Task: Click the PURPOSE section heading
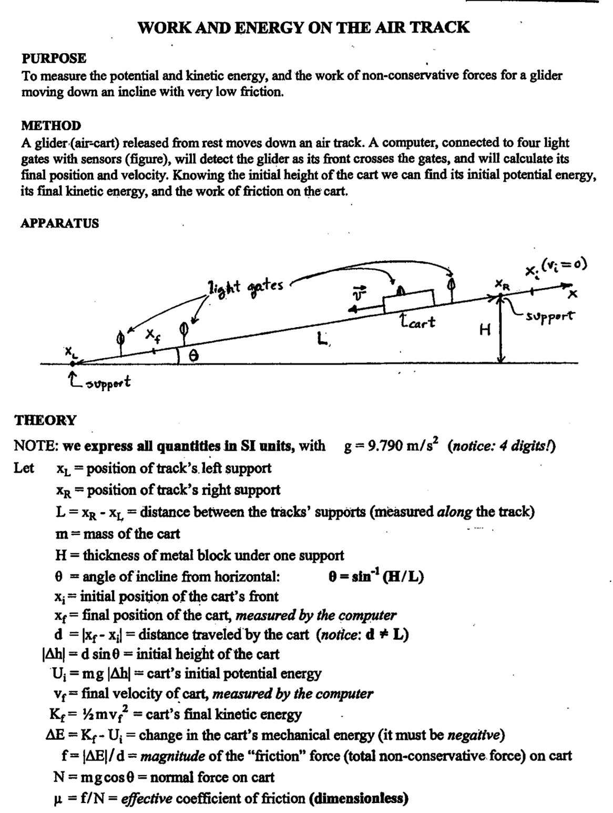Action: (54, 58)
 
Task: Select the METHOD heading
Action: (51, 126)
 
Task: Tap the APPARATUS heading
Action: (59, 223)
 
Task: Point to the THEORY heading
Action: (46, 420)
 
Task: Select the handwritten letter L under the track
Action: (322, 340)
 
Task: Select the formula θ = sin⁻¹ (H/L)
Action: (376, 577)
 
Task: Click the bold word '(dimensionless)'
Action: (359, 799)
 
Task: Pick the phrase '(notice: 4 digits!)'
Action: (502, 446)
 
